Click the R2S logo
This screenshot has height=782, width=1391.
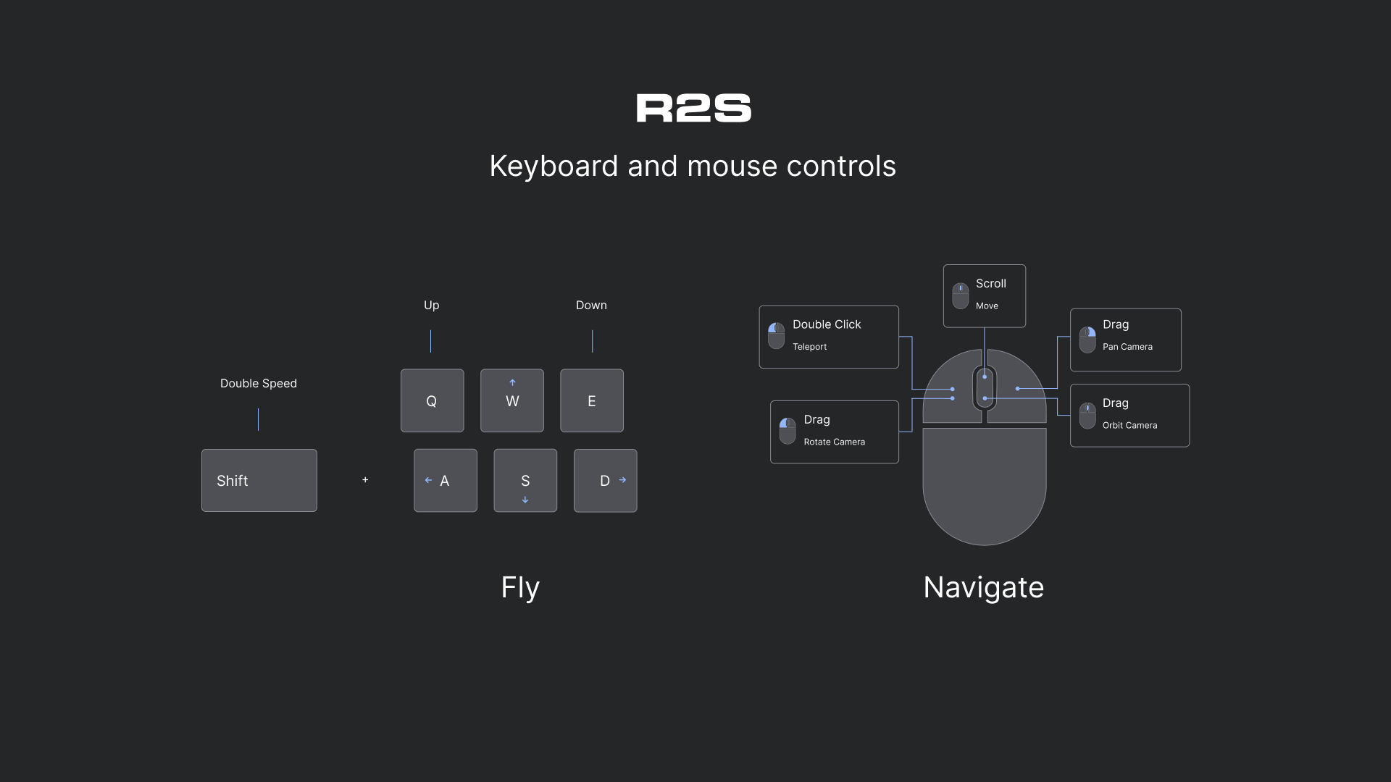click(693, 108)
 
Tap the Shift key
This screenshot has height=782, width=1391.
click(259, 481)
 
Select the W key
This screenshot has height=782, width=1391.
click(512, 400)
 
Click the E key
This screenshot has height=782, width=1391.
click(592, 400)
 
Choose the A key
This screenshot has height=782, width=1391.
click(446, 481)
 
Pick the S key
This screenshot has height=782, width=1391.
click(525, 481)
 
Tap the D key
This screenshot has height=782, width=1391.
click(605, 481)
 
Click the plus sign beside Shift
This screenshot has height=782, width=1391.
click(365, 480)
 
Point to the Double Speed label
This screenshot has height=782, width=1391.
click(259, 383)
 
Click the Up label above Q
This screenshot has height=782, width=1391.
click(431, 305)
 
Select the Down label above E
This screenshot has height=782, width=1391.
click(591, 305)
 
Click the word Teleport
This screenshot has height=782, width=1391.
click(809, 347)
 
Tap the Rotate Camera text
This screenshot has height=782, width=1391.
click(834, 442)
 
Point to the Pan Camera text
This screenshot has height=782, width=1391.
click(1127, 347)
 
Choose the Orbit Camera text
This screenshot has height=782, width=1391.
click(1129, 425)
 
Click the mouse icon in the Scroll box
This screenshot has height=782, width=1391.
click(960, 295)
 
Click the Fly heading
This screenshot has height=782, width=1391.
click(520, 587)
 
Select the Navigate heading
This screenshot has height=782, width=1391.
click(983, 587)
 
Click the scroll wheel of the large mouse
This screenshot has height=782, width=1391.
click(985, 387)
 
